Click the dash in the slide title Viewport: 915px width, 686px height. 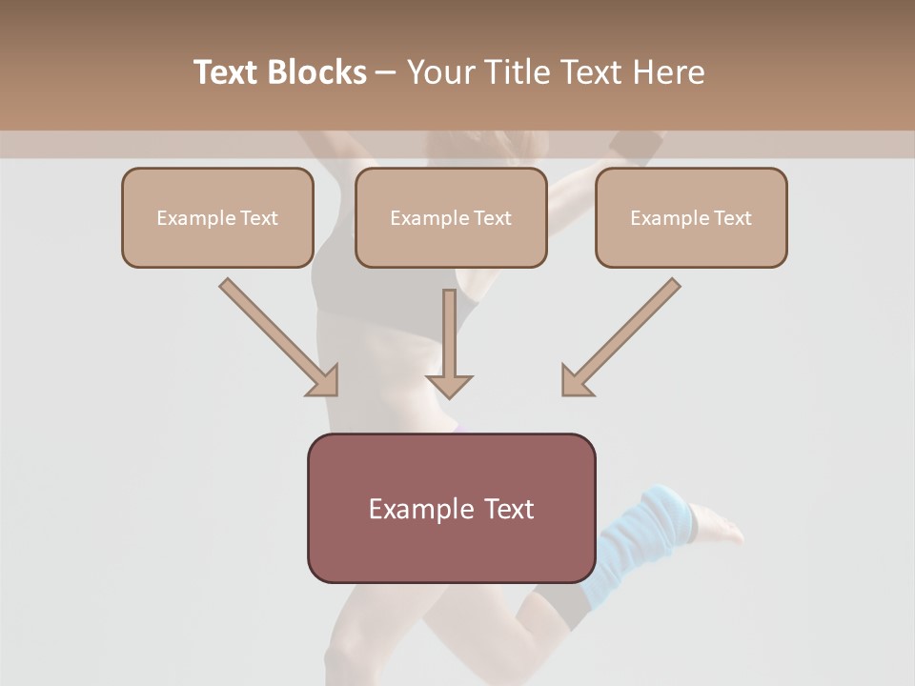386,73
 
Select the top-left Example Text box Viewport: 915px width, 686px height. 217,217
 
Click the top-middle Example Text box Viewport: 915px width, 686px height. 451,217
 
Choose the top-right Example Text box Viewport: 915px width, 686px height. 691,217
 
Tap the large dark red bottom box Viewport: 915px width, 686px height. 451,508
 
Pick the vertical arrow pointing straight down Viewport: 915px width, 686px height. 449,343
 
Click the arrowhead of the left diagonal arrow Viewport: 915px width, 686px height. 324,381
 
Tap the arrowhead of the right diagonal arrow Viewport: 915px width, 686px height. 576,381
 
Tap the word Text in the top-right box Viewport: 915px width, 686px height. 732,217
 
